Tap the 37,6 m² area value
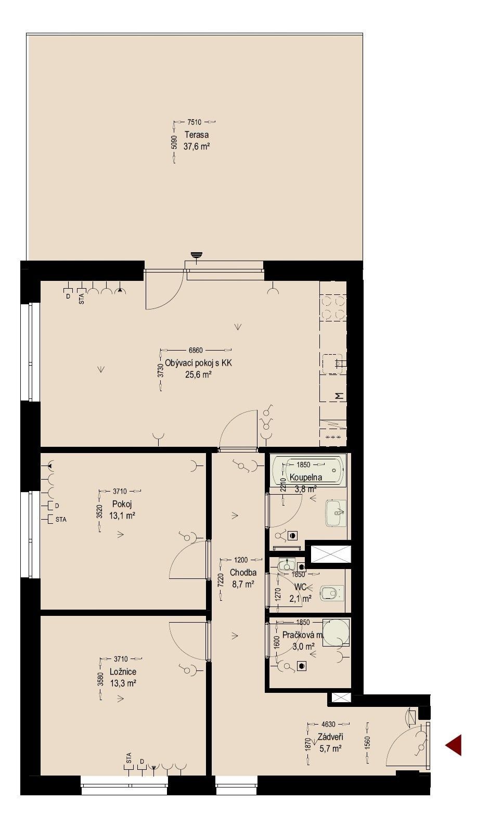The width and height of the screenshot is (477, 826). point(196,146)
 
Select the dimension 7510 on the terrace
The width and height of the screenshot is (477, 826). point(194,122)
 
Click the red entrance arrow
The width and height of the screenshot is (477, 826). point(454,745)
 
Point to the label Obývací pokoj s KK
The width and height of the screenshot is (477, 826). point(198,363)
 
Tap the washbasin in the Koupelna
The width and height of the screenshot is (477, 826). point(336,514)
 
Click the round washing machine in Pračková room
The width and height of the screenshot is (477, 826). point(335,632)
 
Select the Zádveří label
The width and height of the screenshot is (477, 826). point(330,737)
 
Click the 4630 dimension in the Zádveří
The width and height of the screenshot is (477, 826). point(328,724)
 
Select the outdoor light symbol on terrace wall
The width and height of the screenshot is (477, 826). point(196,255)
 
